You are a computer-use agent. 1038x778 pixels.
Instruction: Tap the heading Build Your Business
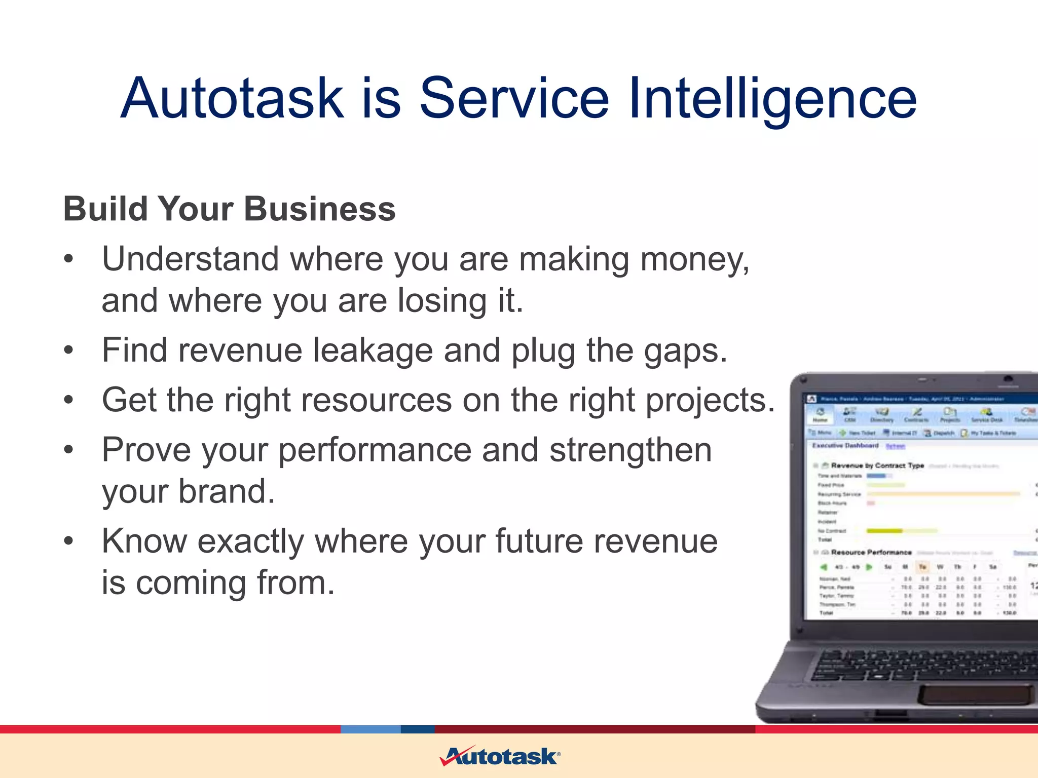pyautogui.click(x=229, y=209)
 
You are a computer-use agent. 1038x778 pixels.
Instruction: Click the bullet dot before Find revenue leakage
pyautogui.click(x=69, y=351)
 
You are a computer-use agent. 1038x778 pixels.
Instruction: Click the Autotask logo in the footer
pyautogui.click(x=500, y=757)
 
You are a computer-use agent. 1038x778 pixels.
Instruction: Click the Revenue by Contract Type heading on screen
pyautogui.click(x=877, y=465)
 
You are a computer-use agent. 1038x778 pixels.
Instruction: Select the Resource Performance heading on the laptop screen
pyautogui.click(x=871, y=552)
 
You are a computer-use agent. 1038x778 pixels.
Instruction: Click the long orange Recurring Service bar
pyautogui.click(x=943, y=493)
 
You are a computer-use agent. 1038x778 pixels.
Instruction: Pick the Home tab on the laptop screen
pyautogui.click(x=820, y=415)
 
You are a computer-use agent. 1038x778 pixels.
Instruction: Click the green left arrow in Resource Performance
pyautogui.click(x=824, y=567)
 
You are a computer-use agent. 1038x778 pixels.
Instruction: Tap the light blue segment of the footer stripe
pyautogui.click(x=370, y=729)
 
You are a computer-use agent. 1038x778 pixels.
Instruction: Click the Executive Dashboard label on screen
pyautogui.click(x=845, y=446)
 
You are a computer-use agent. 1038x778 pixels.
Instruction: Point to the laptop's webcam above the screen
pyautogui.click(x=1008, y=379)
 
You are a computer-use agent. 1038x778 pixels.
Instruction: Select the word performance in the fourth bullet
pyautogui.click(x=375, y=450)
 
